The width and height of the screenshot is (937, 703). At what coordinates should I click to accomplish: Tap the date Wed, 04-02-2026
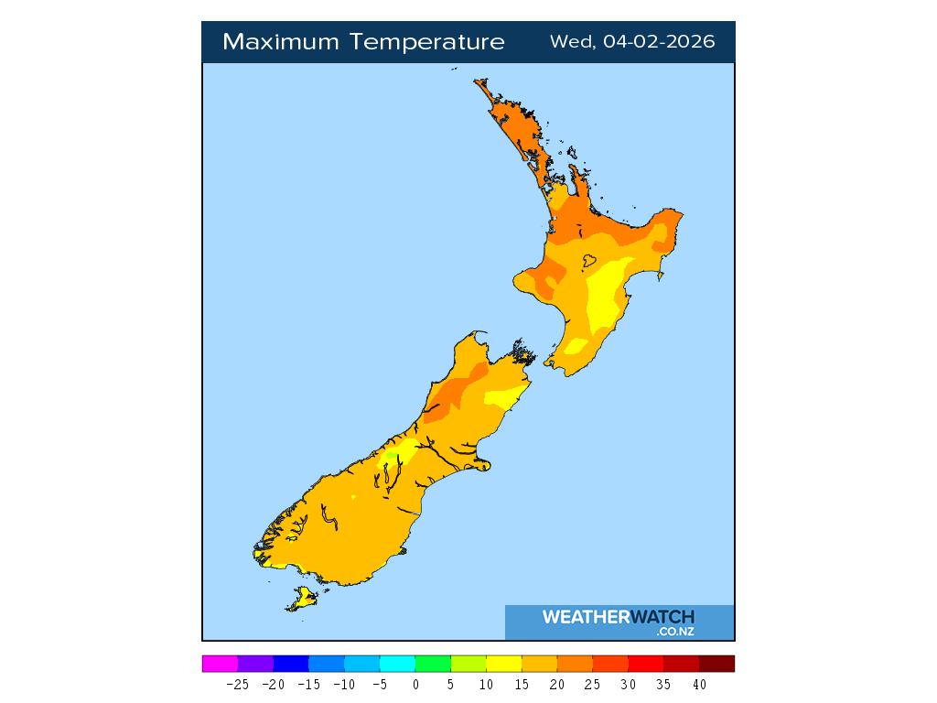(632, 42)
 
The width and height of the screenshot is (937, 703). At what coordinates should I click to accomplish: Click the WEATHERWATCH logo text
(619, 617)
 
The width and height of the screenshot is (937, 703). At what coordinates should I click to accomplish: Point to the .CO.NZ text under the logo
(675, 632)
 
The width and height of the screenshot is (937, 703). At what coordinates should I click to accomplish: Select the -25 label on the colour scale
(237, 684)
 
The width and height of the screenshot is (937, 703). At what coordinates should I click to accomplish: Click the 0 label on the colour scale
(415, 684)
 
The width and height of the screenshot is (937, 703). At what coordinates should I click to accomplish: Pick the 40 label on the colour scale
(699, 684)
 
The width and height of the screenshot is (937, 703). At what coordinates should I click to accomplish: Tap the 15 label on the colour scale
(521, 684)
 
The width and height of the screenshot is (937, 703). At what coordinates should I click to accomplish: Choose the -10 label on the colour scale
(343, 684)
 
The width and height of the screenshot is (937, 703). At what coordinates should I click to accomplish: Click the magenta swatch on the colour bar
(220, 664)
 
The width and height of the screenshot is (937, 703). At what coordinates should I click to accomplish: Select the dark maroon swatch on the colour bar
(716, 664)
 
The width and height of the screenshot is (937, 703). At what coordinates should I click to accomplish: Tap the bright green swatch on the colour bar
(433, 664)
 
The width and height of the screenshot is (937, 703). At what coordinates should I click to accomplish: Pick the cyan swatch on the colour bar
(397, 664)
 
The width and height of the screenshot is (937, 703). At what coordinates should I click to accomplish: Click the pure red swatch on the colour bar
(646, 664)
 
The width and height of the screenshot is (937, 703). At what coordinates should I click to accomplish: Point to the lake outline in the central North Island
(589, 261)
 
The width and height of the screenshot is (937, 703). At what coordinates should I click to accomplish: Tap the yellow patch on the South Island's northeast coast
(504, 397)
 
